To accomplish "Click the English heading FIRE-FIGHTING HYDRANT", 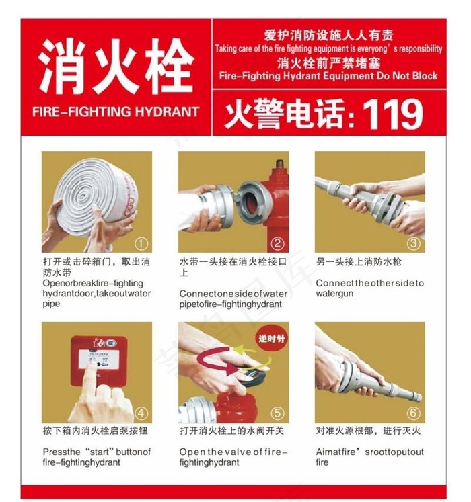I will point(116,112).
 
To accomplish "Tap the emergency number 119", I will point(393,114).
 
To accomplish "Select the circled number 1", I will point(141,243).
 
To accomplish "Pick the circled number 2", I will point(278,243).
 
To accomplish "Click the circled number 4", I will point(141,413).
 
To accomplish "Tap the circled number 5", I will point(278,413).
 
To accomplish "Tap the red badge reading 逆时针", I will point(271,339).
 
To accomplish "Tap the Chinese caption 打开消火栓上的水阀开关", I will point(231,431).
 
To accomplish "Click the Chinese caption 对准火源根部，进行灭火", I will point(369,431).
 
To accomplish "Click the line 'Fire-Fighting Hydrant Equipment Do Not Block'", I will point(328,76).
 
